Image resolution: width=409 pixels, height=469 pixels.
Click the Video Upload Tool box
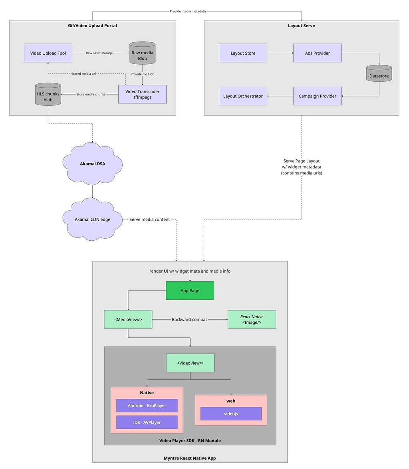(48, 53)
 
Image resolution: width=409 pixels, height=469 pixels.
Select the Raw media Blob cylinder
(142, 53)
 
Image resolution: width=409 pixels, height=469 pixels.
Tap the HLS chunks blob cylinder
(48, 94)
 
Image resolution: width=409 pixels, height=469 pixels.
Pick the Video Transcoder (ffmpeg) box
(142, 94)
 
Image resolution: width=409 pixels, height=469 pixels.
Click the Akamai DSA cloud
(92, 164)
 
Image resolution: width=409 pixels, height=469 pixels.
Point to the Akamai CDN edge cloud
(92, 219)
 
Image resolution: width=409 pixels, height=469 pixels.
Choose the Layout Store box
(243, 53)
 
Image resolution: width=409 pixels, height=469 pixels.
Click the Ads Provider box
(318, 53)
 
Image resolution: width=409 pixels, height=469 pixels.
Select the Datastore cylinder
(379, 73)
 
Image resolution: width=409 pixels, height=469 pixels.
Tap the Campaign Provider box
(318, 96)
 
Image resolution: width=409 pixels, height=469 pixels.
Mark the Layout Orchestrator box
(243, 96)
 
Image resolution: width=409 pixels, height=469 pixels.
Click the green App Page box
(190, 291)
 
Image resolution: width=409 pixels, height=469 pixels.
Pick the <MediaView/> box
(128, 319)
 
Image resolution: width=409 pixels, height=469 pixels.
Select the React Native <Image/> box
(252, 319)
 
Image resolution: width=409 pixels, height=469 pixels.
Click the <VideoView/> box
(190, 363)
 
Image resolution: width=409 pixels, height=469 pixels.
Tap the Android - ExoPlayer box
(147, 406)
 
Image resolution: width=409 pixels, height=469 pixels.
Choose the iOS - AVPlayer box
(147, 422)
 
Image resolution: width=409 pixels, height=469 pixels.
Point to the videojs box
(231, 414)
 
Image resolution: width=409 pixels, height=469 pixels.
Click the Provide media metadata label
(188, 11)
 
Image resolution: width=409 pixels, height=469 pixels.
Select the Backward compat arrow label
(189, 319)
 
